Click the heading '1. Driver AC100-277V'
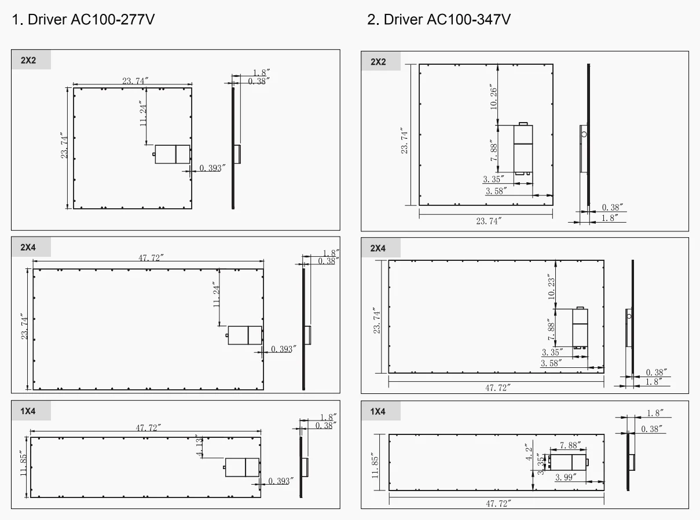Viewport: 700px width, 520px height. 83,20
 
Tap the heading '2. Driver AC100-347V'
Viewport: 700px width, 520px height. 439,20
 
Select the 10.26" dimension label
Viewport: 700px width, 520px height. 493,97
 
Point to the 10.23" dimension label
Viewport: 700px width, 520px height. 551,287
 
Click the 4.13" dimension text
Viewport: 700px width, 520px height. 199,445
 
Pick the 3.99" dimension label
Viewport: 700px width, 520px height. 566,477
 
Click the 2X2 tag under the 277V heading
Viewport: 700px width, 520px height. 28,60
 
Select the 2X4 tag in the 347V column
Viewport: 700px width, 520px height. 378,249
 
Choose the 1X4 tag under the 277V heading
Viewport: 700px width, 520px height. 28,411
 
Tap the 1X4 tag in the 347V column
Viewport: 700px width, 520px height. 378,411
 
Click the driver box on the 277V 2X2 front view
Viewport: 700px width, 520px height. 173,154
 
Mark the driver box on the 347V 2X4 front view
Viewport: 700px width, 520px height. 580,329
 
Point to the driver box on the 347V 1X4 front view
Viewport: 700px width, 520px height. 568,463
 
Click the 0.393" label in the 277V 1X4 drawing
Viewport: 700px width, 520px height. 281,481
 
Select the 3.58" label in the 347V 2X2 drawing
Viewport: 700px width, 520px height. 496,191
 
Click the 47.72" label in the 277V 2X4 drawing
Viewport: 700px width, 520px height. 151,258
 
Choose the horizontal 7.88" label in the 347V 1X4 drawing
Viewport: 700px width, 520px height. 570,445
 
